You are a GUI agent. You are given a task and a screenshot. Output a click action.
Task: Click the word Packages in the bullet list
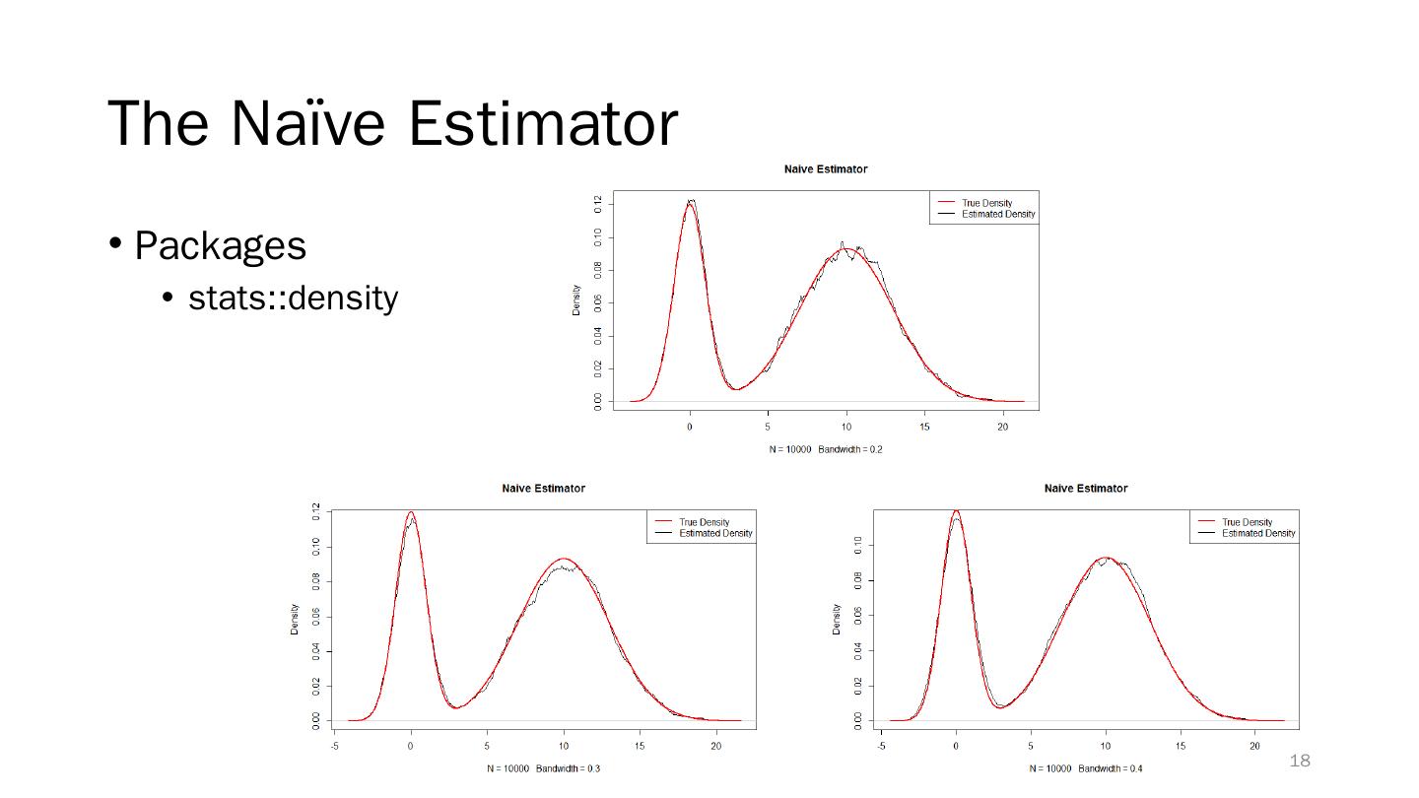tap(220, 245)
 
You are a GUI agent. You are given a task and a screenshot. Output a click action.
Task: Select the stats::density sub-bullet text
tap(293, 297)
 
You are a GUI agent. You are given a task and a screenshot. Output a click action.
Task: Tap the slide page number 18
tap(1300, 761)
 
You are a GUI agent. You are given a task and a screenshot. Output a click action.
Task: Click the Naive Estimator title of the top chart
tap(826, 169)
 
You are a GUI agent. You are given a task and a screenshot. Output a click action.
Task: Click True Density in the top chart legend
tap(986, 203)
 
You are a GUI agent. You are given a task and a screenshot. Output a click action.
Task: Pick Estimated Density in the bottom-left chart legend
tap(715, 533)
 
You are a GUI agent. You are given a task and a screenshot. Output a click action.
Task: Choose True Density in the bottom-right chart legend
tap(1247, 522)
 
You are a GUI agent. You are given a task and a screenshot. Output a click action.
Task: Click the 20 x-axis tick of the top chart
tap(1002, 427)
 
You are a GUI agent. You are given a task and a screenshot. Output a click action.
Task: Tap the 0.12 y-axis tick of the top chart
tap(598, 204)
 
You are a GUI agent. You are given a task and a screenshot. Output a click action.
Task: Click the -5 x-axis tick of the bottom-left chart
tap(334, 746)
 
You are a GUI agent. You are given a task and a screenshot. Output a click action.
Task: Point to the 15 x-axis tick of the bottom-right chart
tap(1181, 746)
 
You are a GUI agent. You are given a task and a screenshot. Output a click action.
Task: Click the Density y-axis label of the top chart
tap(576, 299)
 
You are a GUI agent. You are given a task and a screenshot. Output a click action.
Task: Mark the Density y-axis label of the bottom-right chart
tap(837, 619)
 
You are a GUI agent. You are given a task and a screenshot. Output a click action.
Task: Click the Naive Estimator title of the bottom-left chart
tap(543, 489)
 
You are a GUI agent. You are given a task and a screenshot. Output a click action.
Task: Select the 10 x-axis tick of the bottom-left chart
tap(564, 746)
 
